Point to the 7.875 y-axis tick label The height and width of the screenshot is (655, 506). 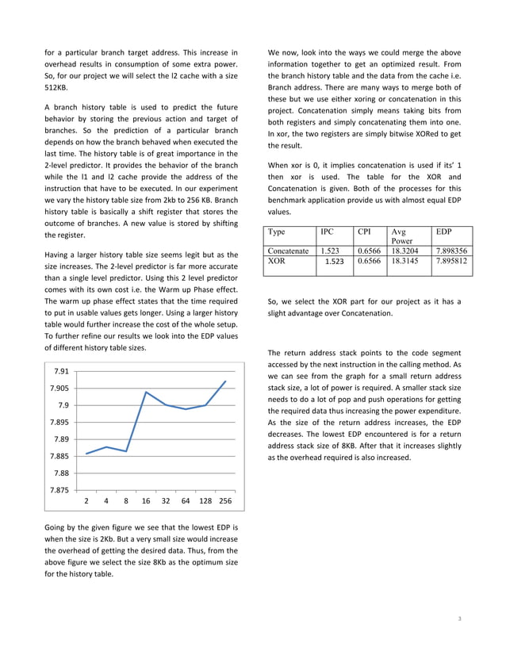[x=58, y=489]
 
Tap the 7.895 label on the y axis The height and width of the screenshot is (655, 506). [x=58, y=422]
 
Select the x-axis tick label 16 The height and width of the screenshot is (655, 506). [x=146, y=501]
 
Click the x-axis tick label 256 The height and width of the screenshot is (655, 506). [x=225, y=501]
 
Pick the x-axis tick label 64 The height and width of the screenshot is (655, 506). [x=186, y=501]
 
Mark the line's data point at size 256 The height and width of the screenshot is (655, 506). [x=225, y=381]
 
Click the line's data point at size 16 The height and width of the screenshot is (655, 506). [x=146, y=392]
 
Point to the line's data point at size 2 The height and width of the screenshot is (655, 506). [x=86, y=454]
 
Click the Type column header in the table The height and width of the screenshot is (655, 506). [x=278, y=232]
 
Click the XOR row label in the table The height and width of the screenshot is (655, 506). [x=278, y=260]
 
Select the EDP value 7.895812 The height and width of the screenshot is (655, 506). [x=451, y=260]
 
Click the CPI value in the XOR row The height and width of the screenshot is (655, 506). [x=368, y=260]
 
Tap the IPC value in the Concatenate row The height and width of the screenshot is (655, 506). [x=330, y=251]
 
